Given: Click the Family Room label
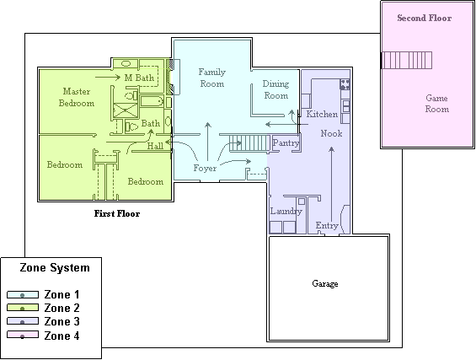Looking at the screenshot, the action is [x=212, y=78].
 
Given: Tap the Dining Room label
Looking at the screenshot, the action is [x=275, y=89].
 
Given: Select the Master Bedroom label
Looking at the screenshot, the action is [x=77, y=97].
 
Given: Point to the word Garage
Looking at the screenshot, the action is [x=325, y=283].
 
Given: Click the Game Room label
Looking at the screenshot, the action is [x=437, y=104].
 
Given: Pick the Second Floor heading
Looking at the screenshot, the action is [x=424, y=18].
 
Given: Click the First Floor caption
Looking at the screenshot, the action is [x=117, y=213].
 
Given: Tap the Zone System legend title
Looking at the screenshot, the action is [x=55, y=267].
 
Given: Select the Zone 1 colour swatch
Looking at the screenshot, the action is [x=23, y=294].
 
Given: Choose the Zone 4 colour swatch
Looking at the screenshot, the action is [x=23, y=335].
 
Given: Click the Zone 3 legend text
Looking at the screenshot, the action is [x=62, y=321].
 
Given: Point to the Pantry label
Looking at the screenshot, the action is [x=286, y=143].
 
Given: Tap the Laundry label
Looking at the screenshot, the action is [x=286, y=211].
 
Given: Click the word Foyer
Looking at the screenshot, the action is [x=205, y=168].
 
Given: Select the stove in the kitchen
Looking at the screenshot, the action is [x=345, y=83].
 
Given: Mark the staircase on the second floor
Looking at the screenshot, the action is [x=407, y=60].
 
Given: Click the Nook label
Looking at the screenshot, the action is [x=331, y=133].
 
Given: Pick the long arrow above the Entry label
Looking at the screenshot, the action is [x=331, y=185].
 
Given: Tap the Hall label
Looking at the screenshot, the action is [x=155, y=146].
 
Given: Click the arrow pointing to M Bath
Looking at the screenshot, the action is [x=108, y=78].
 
